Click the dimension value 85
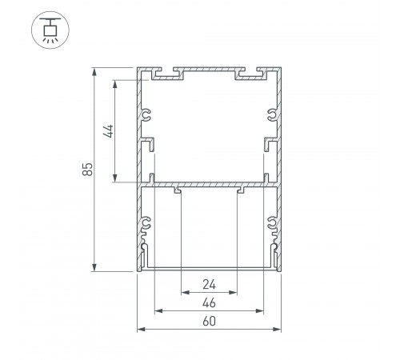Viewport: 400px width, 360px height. [88, 170]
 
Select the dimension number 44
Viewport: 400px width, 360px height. [110, 131]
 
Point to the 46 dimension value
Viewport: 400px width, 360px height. [209, 303]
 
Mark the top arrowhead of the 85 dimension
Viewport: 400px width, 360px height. [96, 72]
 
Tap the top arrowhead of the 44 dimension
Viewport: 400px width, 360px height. [118, 82]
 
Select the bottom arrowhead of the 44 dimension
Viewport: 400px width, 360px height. [118, 180]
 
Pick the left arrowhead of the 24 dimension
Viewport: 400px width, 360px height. [183, 292]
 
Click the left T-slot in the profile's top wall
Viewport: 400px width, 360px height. [168, 75]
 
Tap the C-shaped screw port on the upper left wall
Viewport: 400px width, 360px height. [146, 115]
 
